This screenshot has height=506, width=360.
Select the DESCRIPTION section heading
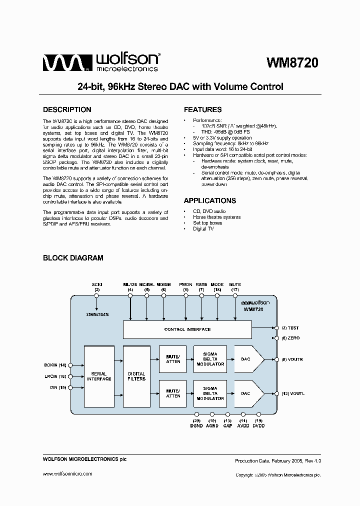[67, 109]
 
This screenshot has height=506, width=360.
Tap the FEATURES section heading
[202, 109]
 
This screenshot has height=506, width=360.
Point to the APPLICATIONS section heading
[210, 200]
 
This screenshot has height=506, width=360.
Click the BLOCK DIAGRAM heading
[73, 258]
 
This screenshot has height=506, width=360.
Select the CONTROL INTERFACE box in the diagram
[187, 329]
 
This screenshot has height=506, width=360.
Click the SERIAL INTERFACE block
[99, 376]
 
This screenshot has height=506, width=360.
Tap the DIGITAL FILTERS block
[136, 376]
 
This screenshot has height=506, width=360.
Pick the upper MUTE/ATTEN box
[173, 358]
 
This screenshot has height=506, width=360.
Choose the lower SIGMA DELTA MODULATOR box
[210, 393]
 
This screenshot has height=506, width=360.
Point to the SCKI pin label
[97, 284]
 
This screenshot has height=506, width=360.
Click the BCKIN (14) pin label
[55, 365]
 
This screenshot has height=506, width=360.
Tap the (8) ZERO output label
[290, 338]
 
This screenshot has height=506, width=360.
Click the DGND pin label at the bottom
[195, 425]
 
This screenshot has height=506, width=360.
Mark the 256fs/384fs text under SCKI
[97, 315]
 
